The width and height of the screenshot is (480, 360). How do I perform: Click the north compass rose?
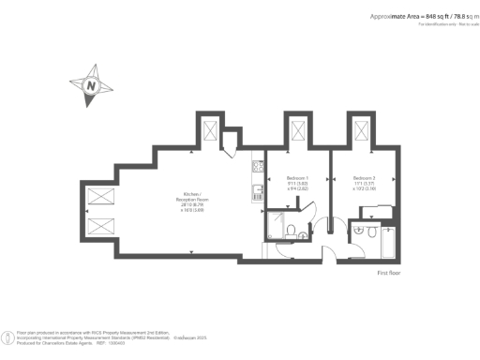coord(92,85)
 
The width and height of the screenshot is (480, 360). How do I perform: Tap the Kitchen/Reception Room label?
coord(191,202)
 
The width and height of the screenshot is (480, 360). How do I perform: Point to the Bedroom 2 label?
coord(364,182)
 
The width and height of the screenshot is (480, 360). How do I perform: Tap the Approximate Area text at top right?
coord(417,16)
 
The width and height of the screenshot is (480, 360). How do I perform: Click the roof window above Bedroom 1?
coord(298,128)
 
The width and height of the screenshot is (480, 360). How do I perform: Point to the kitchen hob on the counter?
coord(255,168)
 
